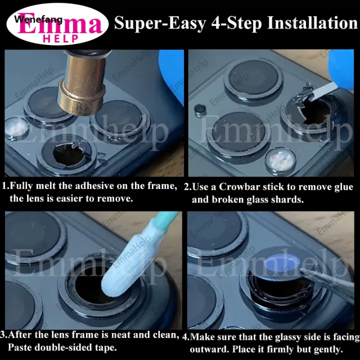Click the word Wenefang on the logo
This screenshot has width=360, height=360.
tap(38, 19)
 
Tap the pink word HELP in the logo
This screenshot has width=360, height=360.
tap(61, 39)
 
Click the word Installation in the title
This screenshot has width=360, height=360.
tap(312, 23)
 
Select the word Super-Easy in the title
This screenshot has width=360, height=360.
tap(160, 23)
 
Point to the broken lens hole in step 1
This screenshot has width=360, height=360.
tap(68, 154)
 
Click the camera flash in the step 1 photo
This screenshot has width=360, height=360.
tap(16, 128)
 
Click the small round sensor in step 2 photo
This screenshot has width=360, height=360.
tap(200, 110)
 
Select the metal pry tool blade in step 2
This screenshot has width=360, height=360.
tap(323, 91)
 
